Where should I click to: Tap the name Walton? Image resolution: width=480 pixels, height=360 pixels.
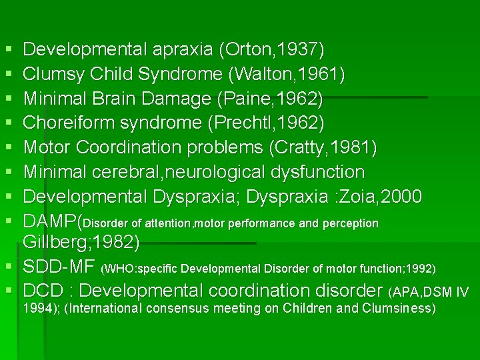coord(263,74)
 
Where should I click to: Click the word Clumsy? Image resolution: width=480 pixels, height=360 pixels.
coord(51,74)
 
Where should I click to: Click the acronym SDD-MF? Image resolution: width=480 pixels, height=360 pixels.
coord(59,268)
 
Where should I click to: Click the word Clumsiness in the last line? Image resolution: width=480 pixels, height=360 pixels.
coord(398,309)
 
